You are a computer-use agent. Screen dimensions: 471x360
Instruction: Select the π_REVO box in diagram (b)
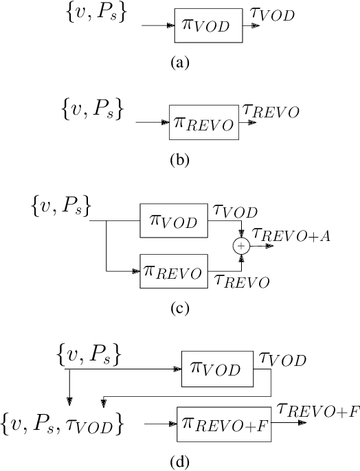[x=204, y=123]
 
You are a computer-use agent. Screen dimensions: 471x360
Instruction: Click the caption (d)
[x=179, y=461]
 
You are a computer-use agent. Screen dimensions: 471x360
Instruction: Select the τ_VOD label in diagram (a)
[x=273, y=13]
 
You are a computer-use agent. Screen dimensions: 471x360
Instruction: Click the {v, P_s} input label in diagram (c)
[x=62, y=205]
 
